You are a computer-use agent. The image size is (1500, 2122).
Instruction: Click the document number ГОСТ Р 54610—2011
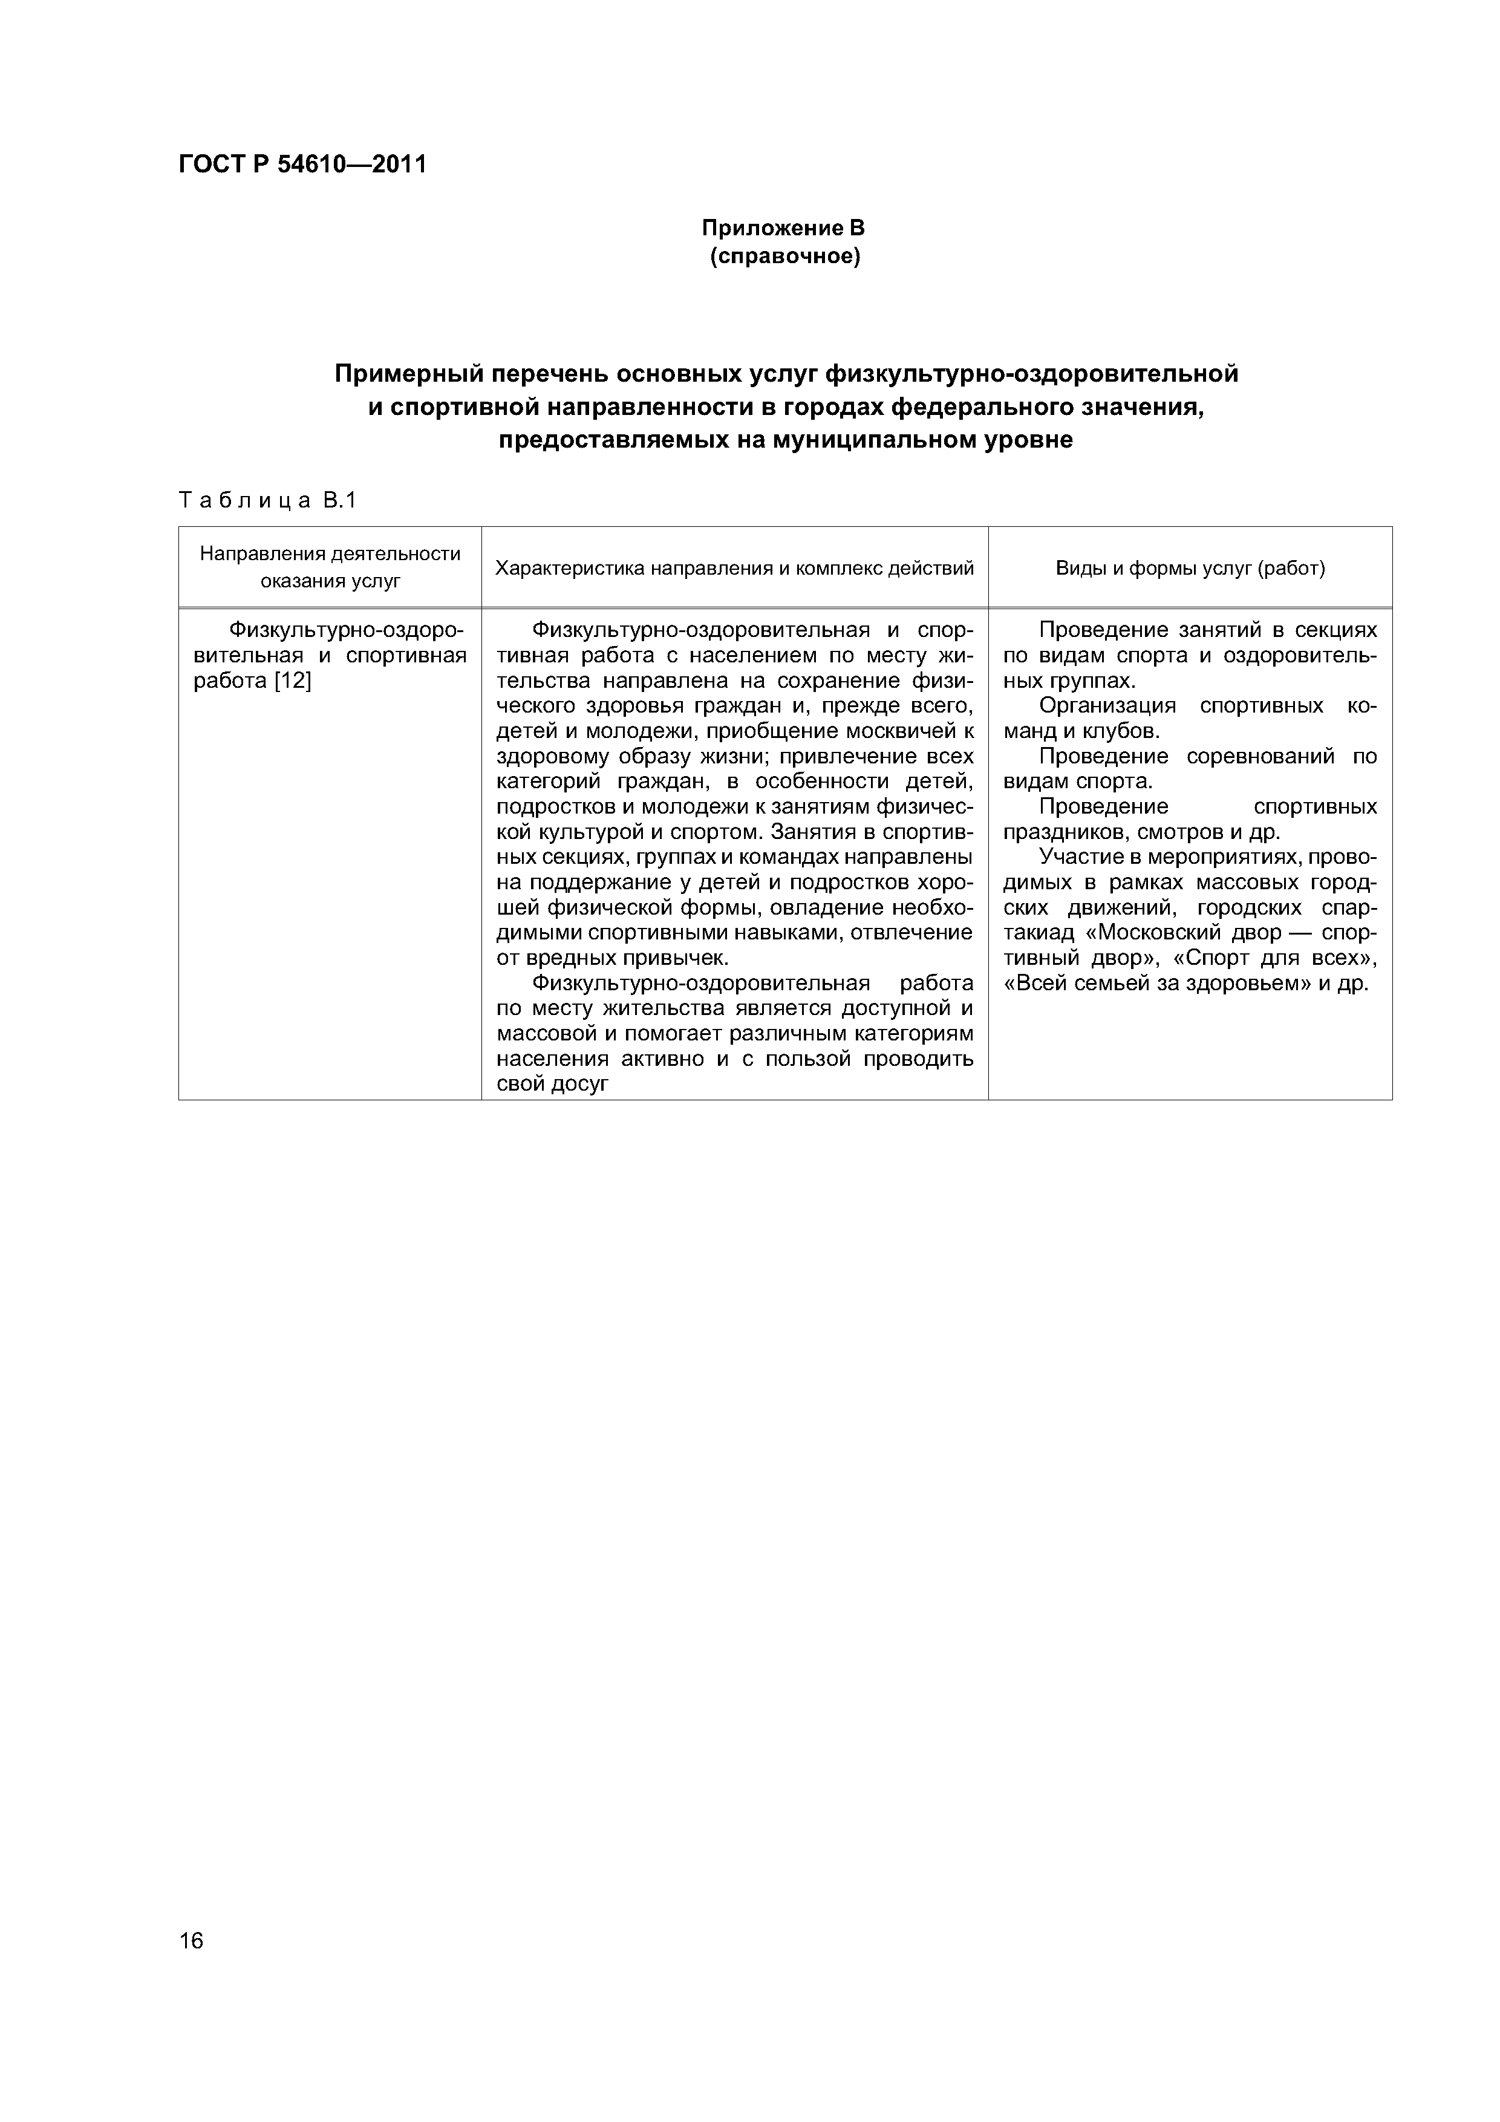point(302,165)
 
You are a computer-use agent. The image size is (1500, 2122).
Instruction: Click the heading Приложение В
point(783,227)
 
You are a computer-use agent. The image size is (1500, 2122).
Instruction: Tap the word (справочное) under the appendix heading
point(784,256)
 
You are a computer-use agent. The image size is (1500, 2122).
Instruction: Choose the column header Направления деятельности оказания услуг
point(330,567)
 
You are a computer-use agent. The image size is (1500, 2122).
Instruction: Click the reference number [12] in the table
point(293,681)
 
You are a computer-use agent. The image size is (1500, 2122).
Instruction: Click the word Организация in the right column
point(1107,706)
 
